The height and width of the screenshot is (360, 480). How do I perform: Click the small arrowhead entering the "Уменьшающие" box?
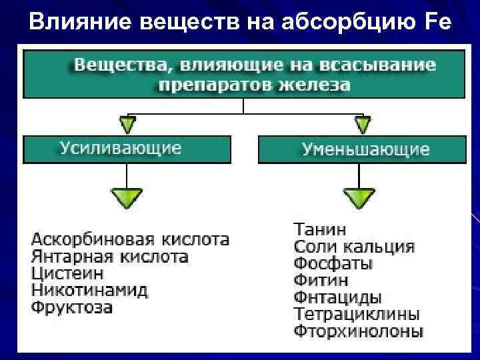362,125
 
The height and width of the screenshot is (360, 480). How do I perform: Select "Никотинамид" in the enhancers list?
89,291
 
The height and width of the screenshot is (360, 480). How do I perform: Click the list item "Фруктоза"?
72,308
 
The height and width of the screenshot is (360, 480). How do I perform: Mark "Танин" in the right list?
320,229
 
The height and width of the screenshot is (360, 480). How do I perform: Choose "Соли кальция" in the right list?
354,247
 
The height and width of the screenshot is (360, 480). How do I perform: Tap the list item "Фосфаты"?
333,263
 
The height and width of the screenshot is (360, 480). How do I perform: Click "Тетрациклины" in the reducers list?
357,314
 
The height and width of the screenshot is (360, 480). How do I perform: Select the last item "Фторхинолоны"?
359,331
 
